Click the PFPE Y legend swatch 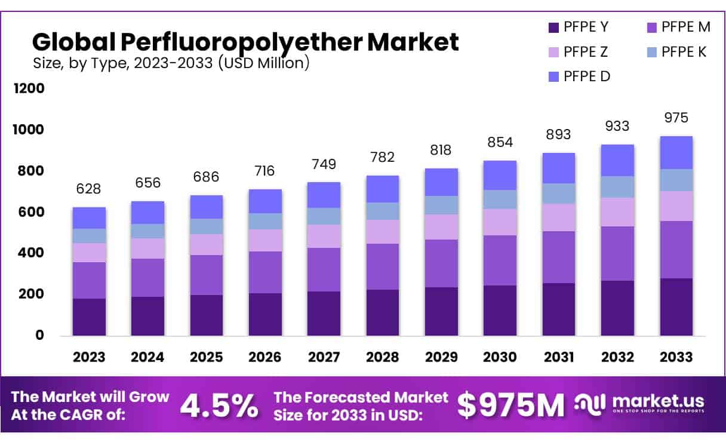[553, 27]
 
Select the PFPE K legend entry [684, 52]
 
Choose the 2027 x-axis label [324, 357]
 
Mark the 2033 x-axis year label [676, 357]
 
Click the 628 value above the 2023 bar [88, 189]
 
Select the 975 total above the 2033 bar [676, 118]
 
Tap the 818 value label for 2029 [441, 150]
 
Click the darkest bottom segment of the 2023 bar [89, 317]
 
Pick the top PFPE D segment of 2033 [676, 152]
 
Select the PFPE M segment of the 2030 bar [500, 260]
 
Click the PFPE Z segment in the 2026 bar [265, 240]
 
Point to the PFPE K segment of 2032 [617, 186]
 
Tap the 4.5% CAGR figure [219, 406]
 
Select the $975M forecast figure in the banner [510, 406]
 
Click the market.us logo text [658, 401]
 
